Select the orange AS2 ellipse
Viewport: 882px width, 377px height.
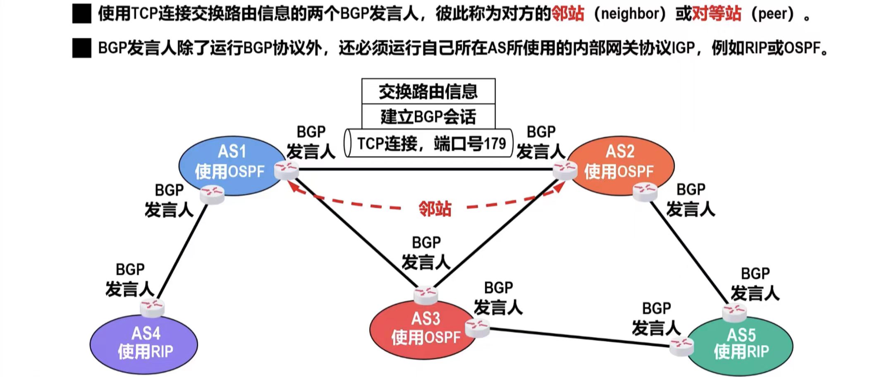pos(620,163)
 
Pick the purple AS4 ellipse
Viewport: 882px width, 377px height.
pos(144,343)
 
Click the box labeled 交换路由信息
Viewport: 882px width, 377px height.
pos(428,91)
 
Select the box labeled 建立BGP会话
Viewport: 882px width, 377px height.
pos(428,117)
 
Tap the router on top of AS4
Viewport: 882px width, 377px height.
pos(152,308)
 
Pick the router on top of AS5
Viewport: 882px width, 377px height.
pos(734,313)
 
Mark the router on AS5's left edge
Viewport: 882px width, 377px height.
pos(681,346)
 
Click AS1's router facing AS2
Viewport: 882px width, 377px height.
pos(286,170)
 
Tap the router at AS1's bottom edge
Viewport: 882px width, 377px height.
pos(212,194)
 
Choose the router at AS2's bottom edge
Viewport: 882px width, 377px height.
pos(645,192)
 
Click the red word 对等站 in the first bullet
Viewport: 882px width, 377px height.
pos(716,14)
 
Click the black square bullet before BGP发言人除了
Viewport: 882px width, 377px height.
pos(81,48)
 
